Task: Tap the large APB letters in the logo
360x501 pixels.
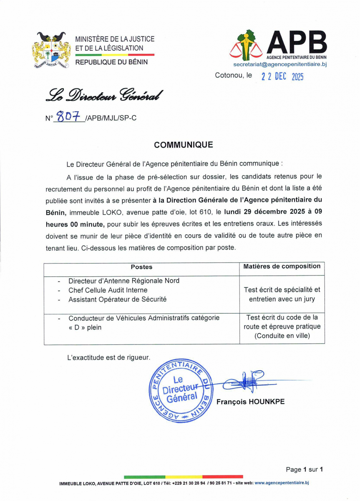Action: [x=297, y=42]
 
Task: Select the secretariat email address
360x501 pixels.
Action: [x=279, y=64]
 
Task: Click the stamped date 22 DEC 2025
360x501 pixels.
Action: [x=282, y=76]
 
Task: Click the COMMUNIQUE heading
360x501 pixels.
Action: [x=183, y=145]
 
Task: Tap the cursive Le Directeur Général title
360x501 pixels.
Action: [x=104, y=96]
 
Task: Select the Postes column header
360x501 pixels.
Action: [x=141, y=267]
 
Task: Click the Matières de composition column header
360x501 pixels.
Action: [x=282, y=266]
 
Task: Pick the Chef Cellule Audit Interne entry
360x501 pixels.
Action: [x=108, y=290]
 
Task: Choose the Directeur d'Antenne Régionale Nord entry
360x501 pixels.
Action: [x=124, y=281]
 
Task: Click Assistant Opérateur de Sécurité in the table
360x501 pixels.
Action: [x=117, y=299]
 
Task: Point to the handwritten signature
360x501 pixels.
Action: [x=246, y=381]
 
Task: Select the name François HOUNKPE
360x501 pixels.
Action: [x=250, y=402]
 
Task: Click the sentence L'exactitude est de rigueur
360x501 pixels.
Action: [x=108, y=357]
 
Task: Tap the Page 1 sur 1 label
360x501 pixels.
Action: [x=305, y=470]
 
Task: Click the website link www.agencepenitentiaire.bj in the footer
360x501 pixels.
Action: [x=282, y=483]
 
